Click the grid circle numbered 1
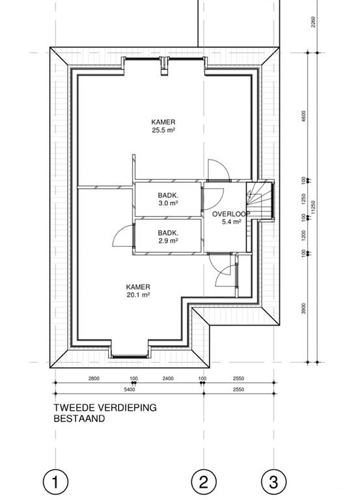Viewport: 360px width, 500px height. coord(55,481)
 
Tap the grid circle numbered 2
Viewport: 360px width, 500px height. coord(204,481)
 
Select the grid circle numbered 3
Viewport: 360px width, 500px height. coord(274,481)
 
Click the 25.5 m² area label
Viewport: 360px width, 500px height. coord(163,130)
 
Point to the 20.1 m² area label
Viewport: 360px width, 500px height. coord(139,295)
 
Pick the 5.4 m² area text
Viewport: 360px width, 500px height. coord(232,221)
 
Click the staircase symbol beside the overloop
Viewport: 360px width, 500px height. coord(260,201)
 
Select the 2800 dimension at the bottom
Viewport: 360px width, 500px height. coord(94,378)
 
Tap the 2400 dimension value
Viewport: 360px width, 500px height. coord(168,378)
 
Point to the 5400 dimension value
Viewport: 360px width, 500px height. coord(130,389)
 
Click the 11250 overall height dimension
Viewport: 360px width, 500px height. coord(313,207)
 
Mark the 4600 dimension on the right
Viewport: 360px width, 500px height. coord(303,116)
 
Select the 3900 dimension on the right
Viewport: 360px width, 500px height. coord(303,309)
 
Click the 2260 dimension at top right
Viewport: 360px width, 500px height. coord(313,21)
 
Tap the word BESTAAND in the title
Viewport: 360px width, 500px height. coord(79,419)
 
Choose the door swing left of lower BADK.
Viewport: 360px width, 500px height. coord(123,235)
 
